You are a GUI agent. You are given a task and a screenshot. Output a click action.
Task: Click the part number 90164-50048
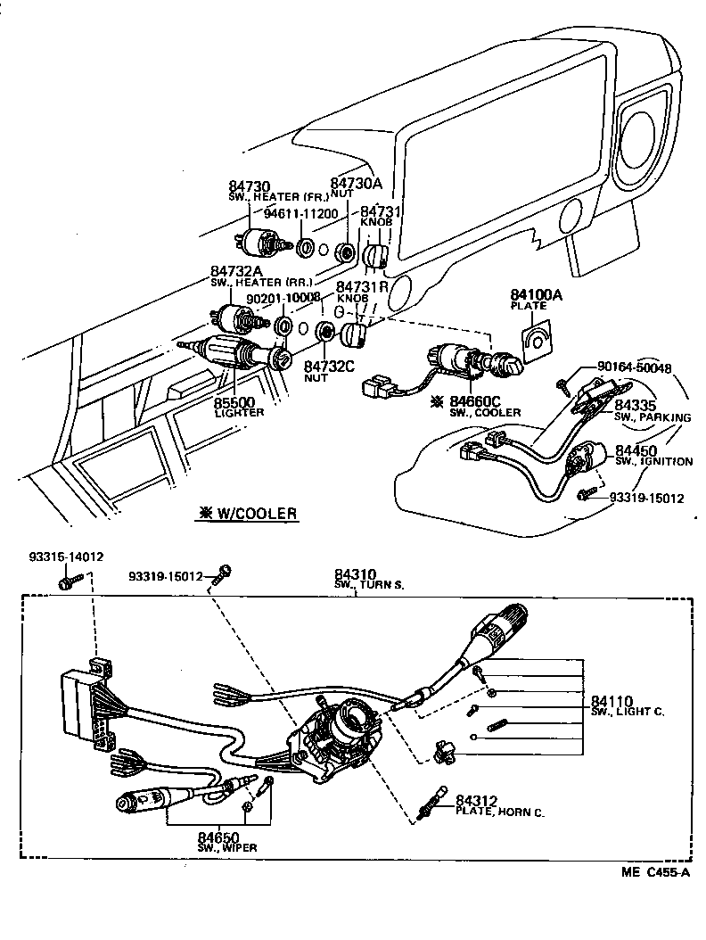(x=635, y=367)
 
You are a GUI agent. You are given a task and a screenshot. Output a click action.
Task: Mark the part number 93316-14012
(x=65, y=557)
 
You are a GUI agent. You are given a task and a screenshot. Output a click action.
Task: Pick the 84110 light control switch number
(x=612, y=701)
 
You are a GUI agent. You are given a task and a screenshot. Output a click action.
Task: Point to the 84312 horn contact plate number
(x=477, y=801)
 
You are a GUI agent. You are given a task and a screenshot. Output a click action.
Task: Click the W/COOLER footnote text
(x=247, y=513)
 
